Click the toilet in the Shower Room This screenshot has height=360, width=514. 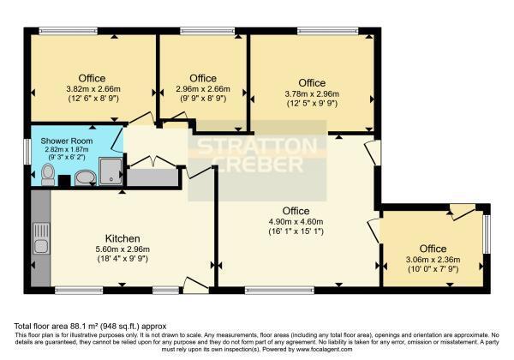coord(48,174)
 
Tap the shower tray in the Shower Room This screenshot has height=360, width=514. coord(111,171)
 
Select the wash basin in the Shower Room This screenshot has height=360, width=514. coord(85,177)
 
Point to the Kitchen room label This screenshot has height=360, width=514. coord(123,238)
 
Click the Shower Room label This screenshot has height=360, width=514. coord(67,141)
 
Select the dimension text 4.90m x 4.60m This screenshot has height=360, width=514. coord(296,222)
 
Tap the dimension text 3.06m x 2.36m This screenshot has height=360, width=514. coord(433,260)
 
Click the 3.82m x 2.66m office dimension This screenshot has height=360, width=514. coord(93,89)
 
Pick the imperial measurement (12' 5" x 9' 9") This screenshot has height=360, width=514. coord(312,104)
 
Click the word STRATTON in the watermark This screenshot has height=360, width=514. coord(258,146)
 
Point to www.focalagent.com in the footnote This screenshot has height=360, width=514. coord(324,350)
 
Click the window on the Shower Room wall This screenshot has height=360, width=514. coord(27,152)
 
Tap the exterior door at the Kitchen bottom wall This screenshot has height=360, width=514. coord(195,285)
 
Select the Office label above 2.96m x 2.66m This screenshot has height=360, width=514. coord(203,78)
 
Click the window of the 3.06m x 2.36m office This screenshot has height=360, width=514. coord(487,234)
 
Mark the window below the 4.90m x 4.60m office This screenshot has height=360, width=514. coord(279,291)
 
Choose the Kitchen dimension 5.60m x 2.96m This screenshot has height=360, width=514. coord(123,249)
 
